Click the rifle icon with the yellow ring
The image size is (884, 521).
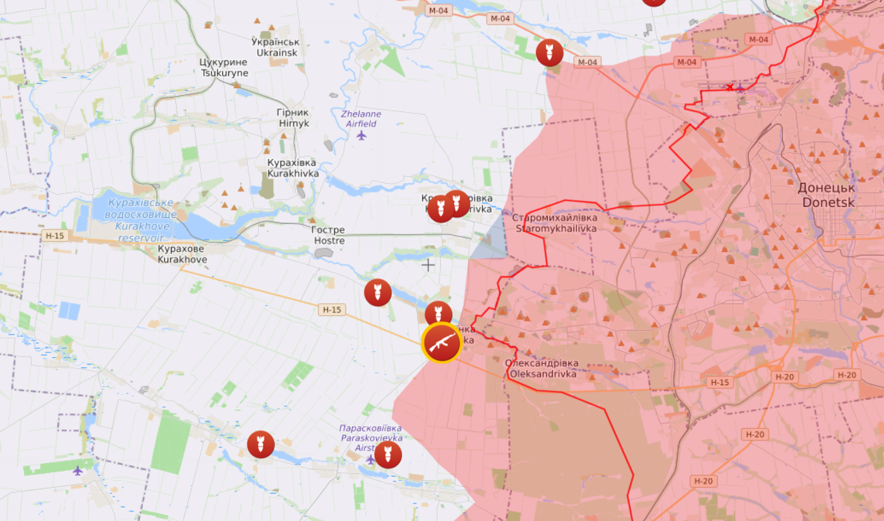pos(441,343)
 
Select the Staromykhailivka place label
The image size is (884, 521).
pos(554,223)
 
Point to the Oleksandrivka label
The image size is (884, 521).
pos(541,369)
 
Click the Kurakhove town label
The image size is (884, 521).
pos(182,254)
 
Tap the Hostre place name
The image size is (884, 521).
pos(328,236)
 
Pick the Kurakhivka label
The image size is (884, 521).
pos(293,168)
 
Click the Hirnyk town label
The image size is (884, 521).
pos(293,117)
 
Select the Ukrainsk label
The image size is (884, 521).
pos(278,47)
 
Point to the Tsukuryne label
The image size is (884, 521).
pos(224,68)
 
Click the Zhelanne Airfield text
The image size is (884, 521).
pos(361,119)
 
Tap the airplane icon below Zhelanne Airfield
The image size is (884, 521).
pos(362,135)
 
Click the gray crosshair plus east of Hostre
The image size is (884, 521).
pos(428,265)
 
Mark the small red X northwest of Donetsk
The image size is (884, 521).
pos(730,87)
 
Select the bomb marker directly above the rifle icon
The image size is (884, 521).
pos(438,314)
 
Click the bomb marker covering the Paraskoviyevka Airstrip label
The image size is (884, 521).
pos(388,454)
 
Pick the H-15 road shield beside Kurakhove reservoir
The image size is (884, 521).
pos(54,236)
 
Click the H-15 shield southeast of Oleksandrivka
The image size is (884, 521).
pos(719,382)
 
